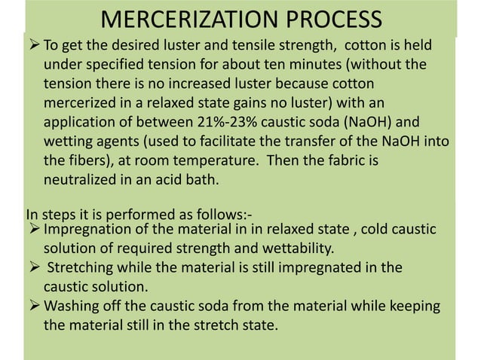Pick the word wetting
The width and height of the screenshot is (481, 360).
tap(69, 141)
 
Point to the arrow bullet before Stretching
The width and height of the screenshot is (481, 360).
tap(34, 267)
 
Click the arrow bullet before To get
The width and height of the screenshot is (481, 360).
tap(34, 47)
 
